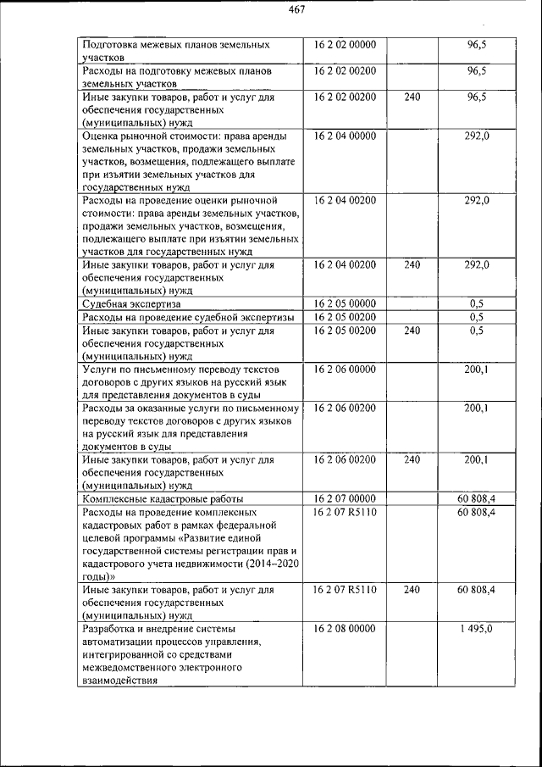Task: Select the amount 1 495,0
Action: (x=477, y=629)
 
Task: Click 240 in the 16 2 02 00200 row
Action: (x=412, y=97)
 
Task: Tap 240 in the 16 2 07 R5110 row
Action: (x=412, y=588)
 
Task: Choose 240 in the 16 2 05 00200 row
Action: (x=412, y=331)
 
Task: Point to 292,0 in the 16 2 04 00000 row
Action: (x=477, y=136)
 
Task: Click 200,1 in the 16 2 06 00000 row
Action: (x=477, y=370)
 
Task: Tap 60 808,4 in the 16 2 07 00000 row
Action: (x=476, y=498)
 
